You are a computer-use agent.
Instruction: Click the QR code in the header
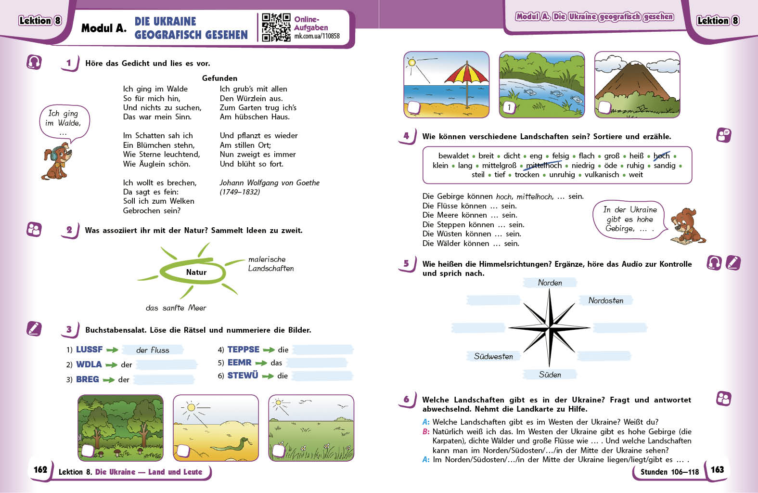tap(276, 27)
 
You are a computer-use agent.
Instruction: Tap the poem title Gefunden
tap(219, 78)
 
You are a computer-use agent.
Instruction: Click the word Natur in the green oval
tap(196, 272)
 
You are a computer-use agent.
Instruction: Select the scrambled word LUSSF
tap(90, 350)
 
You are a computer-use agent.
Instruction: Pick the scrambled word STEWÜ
tap(243, 376)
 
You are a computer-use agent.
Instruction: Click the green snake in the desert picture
tap(231, 444)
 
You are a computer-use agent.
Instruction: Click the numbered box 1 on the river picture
tap(509, 107)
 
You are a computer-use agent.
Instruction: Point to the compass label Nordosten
tap(605, 300)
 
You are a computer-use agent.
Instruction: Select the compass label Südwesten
tap(493, 356)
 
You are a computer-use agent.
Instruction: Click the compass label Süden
tap(550, 375)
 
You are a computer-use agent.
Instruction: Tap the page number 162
tap(40, 469)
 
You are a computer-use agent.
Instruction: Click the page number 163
tap(717, 469)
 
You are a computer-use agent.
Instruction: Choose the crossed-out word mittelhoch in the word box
tap(544, 166)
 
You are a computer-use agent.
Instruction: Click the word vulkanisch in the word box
tap(602, 175)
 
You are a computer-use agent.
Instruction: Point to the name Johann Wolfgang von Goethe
tap(270, 182)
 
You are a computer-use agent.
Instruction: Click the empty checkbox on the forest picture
tap(87, 451)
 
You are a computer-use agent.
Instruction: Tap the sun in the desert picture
tap(191, 407)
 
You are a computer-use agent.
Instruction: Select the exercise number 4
tap(406, 136)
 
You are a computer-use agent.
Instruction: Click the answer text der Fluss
tap(153, 350)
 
